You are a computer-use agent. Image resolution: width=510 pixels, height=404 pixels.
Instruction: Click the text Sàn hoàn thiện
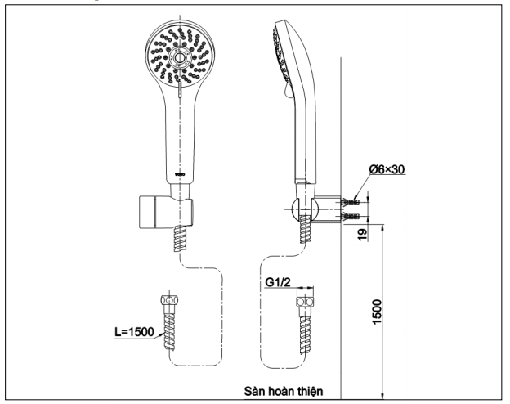click(x=289, y=391)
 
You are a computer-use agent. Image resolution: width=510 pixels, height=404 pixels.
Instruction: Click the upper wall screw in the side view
click(x=354, y=200)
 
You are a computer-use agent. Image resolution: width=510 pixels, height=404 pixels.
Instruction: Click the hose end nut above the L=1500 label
click(x=170, y=301)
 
